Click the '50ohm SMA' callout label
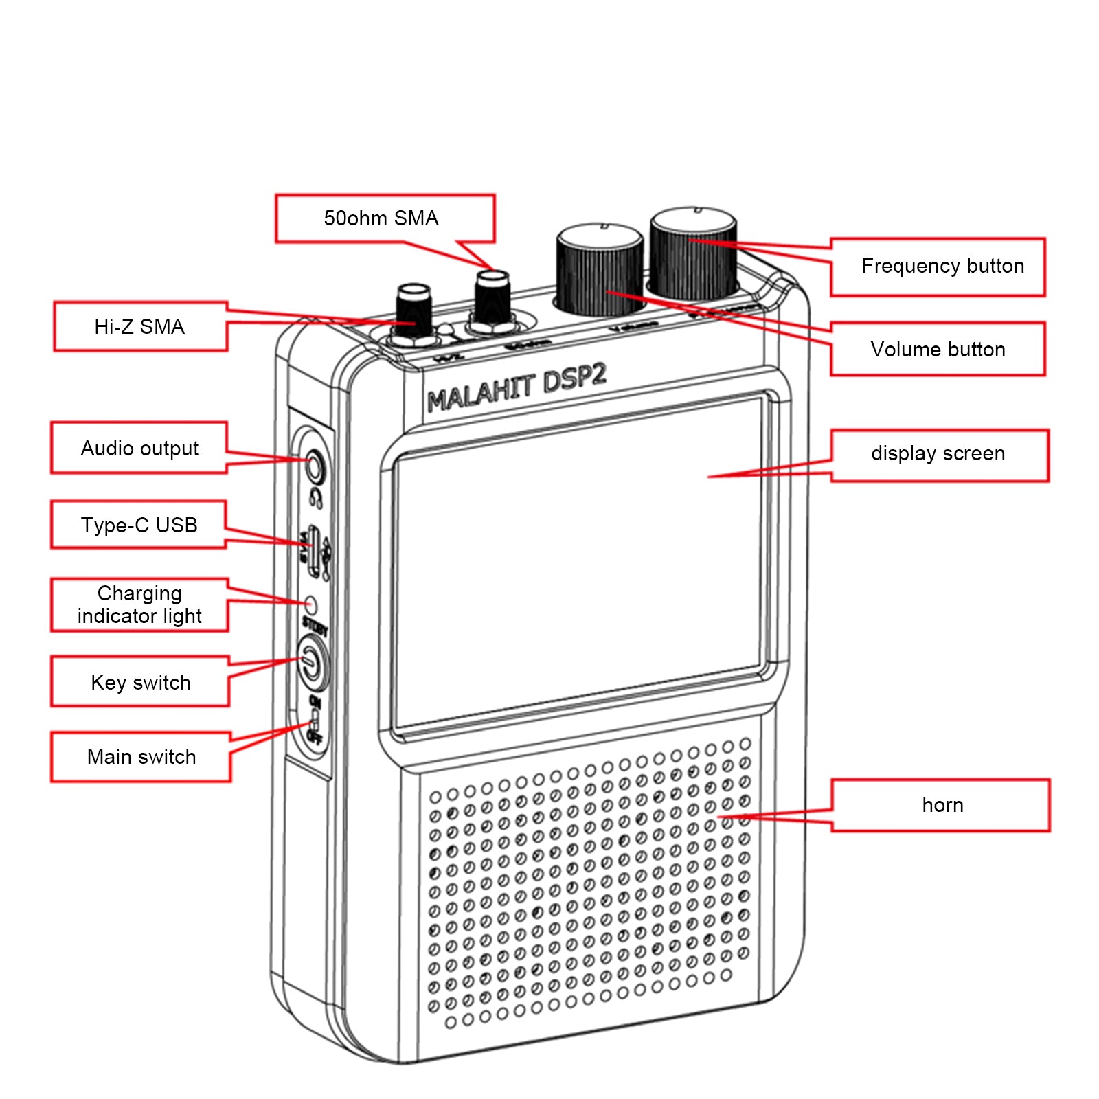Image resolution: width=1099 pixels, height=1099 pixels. point(382,218)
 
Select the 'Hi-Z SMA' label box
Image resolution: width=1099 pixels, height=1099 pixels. point(139,327)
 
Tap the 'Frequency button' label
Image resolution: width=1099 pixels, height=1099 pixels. point(942,267)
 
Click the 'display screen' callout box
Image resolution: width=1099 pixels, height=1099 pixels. point(938,454)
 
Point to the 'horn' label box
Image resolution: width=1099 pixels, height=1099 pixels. point(942,805)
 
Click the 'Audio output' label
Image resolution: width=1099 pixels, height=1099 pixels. point(139,449)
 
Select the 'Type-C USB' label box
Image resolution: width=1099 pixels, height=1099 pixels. point(139,525)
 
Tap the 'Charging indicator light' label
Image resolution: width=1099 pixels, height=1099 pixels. point(139,604)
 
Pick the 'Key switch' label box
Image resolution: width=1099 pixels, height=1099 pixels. point(141,682)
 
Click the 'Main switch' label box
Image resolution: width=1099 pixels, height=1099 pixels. point(141,757)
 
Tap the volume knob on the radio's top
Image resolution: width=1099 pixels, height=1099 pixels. point(599,269)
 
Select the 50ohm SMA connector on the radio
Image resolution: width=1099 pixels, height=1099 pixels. point(492,300)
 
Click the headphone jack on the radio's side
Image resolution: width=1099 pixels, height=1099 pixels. point(315,467)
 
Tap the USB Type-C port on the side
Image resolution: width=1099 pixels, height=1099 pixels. point(314,549)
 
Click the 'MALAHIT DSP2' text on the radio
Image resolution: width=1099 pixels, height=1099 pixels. point(517,389)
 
